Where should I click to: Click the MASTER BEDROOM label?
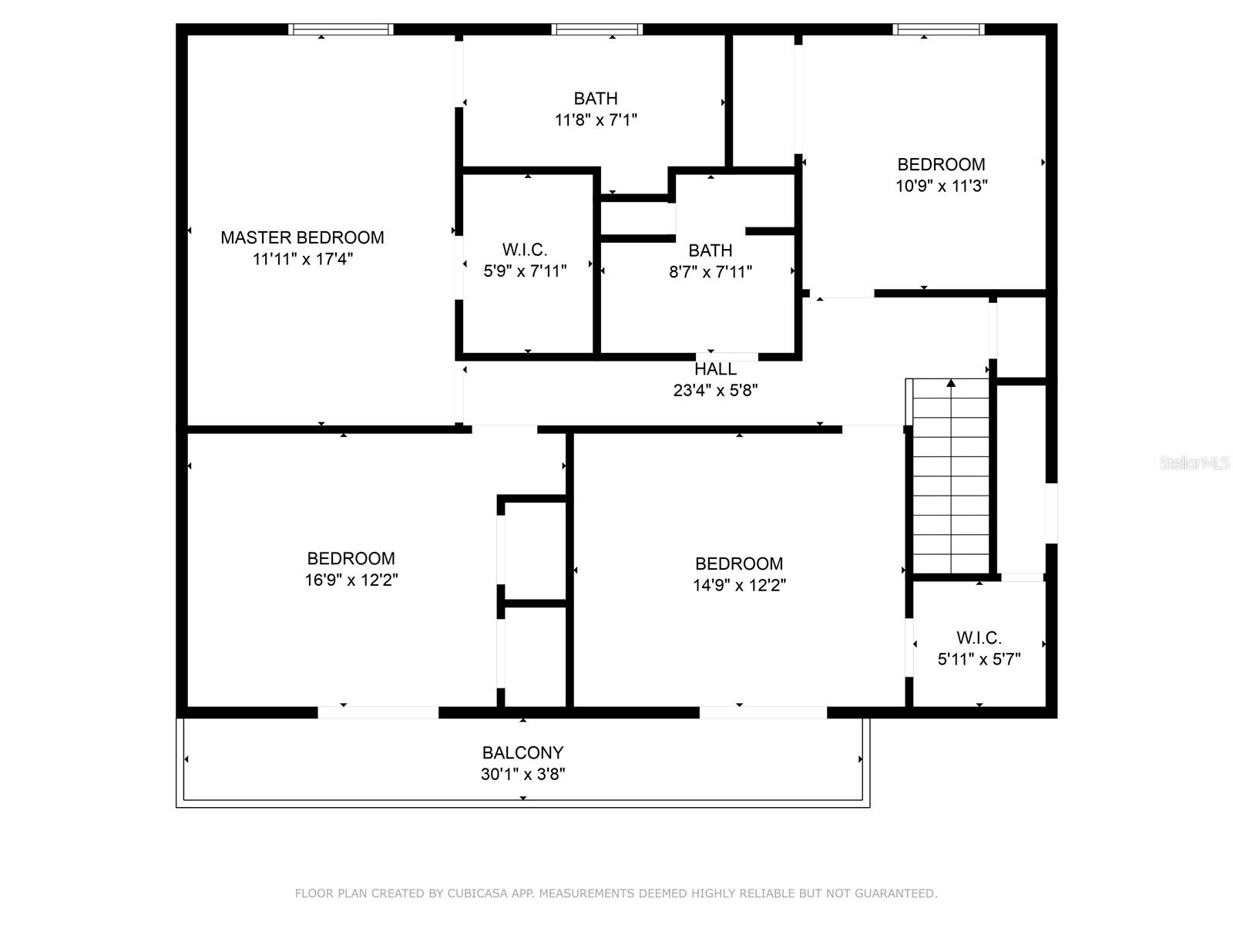[x=302, y=237]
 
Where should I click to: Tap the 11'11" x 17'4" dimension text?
[x=303, y=259]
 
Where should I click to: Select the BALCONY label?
[x=523, y=752]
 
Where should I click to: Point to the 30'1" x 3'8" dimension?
[x=523, y=774]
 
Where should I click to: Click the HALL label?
[x=716, y=369]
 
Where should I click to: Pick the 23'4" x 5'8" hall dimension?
[x=716, y=390]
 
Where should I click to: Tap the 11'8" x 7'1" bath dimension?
[x=596, y=119]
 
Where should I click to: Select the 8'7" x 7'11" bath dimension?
[x=711, y=272]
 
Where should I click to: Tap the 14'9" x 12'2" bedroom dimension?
[x=739, y=584]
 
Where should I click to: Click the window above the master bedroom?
[x=341, y=29]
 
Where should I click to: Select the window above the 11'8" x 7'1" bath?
[x=596, y=29]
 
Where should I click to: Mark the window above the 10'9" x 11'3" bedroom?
[x=939, y=29]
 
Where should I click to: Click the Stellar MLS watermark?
[x=1194, y=462]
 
